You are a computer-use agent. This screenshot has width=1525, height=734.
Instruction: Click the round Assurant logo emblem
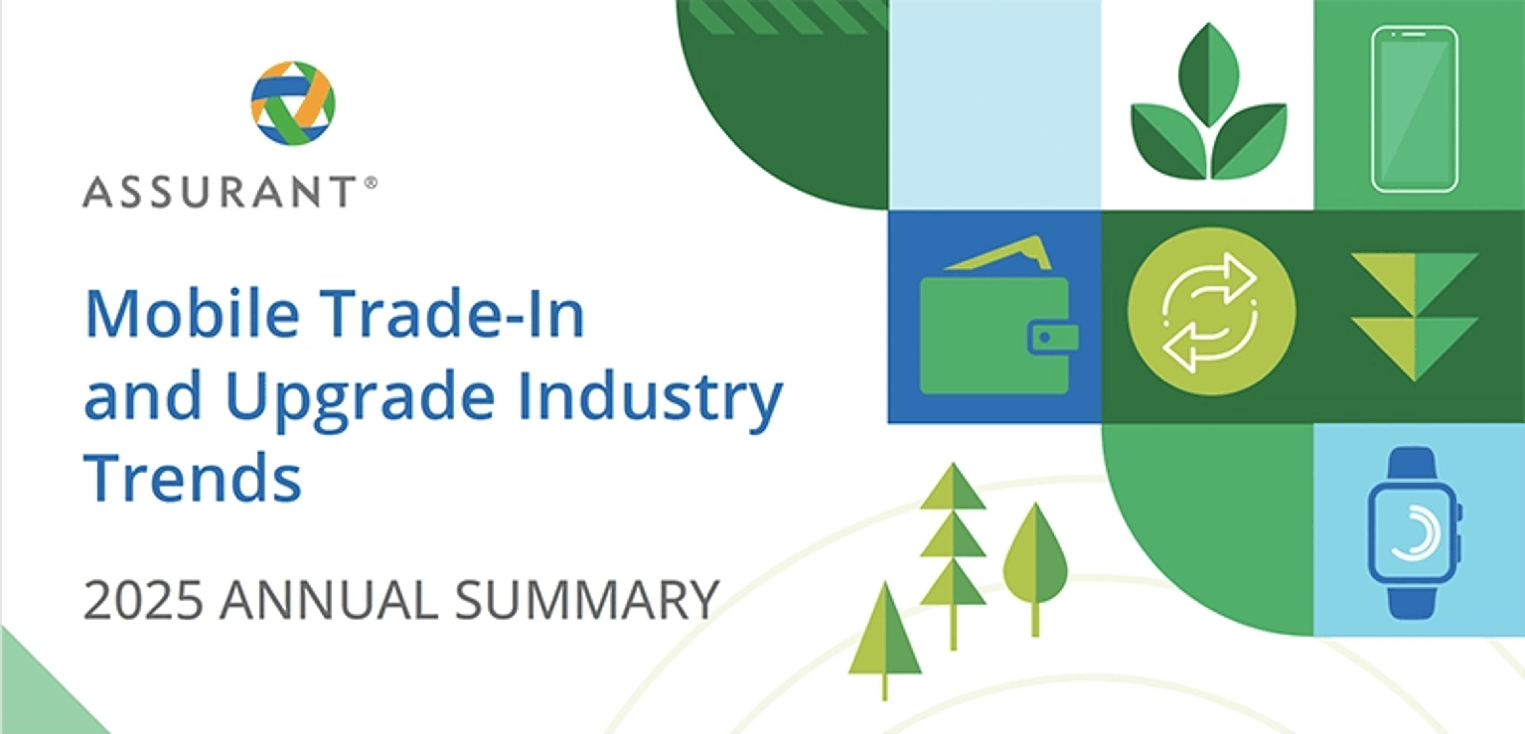(293, 103)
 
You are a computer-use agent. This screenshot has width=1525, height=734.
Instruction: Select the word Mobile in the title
(192, 314)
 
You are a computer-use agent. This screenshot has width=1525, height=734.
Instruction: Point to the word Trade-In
(455, 314)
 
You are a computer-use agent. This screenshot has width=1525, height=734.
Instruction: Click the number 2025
(143, 600)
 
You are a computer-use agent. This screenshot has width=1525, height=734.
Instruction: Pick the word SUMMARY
(587, 600)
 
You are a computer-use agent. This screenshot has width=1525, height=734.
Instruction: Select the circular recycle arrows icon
(1211, 312)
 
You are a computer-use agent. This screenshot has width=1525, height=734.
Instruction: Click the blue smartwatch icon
(1413, 533)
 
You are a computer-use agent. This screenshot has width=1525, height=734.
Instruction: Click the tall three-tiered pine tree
(953, 545)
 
